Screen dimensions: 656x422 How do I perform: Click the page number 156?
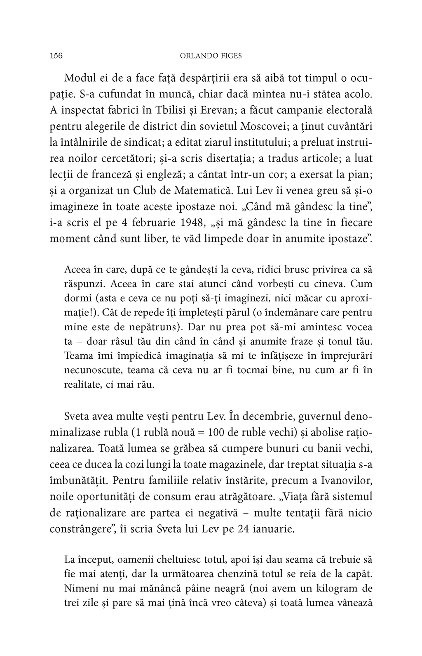point(56,56)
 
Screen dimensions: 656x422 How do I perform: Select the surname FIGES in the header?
point(230,56)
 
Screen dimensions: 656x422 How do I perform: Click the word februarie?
point(152,223)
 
